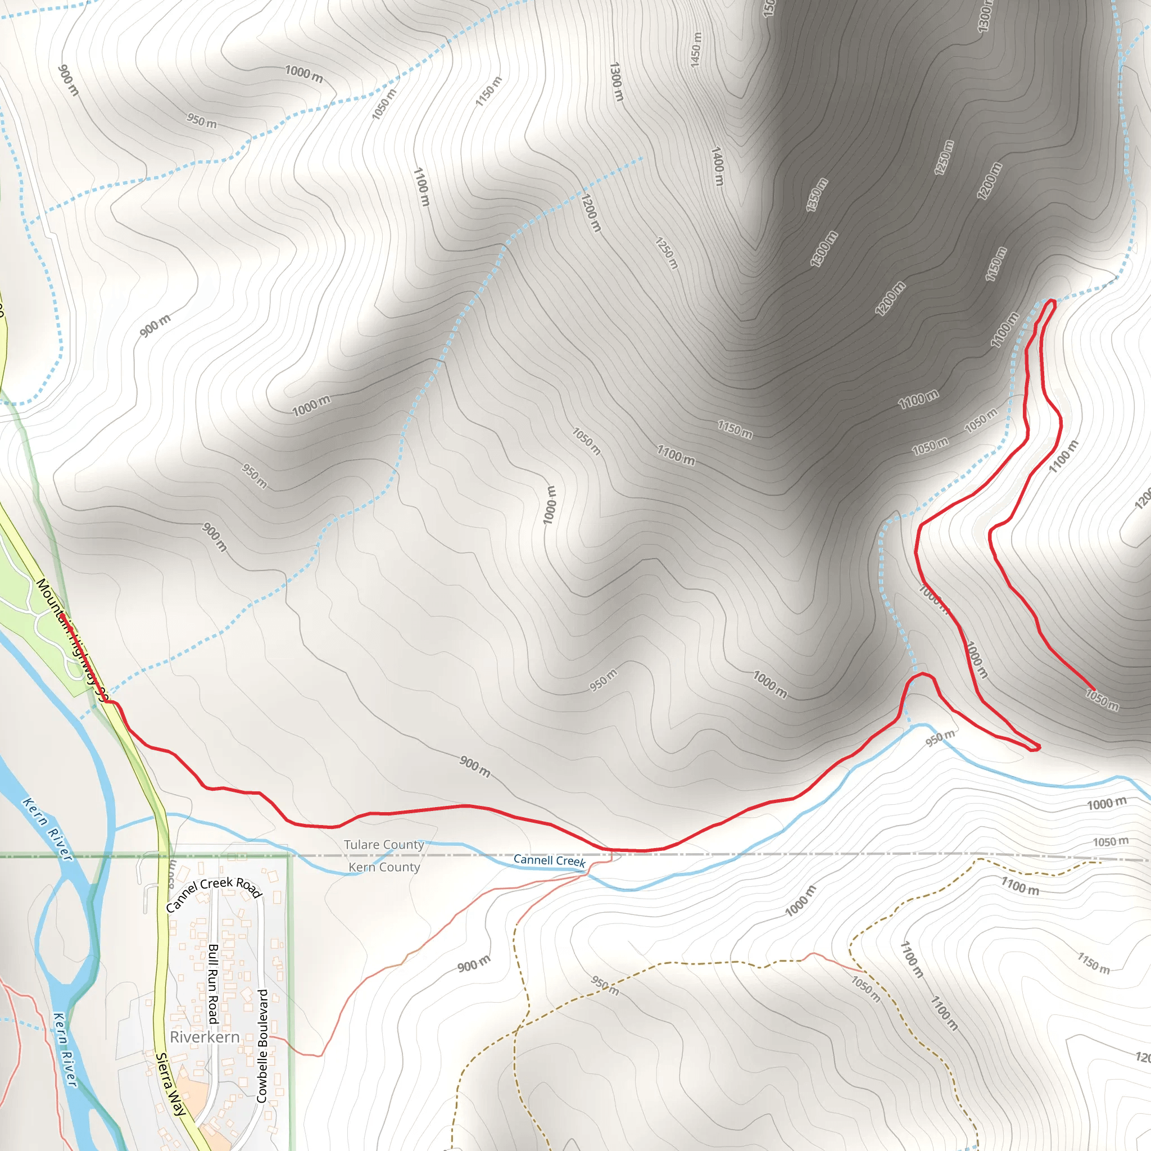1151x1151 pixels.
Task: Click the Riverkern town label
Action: (x=205, y=1037)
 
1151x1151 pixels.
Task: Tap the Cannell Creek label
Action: (x=549, y=860)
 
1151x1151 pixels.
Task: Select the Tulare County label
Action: (x=384, y=844)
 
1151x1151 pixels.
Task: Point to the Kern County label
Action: (x=384, y=867)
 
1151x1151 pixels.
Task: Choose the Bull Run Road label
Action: (x=213, y=983)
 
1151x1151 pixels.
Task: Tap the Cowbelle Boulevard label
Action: (x=261, y=1045)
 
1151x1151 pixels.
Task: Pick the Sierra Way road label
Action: (x=170, y=1084)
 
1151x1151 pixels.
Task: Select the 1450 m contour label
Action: (x=696, y=49)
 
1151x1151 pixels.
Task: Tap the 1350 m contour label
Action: (x=817, y=194)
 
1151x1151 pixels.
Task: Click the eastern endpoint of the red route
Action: (x=1094, y=689)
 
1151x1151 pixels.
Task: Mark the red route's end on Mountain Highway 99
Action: (x=64, y=623)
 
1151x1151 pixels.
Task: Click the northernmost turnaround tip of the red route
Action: (x=1052, y=301)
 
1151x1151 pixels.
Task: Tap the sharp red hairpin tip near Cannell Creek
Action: (x=1039, y=747)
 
